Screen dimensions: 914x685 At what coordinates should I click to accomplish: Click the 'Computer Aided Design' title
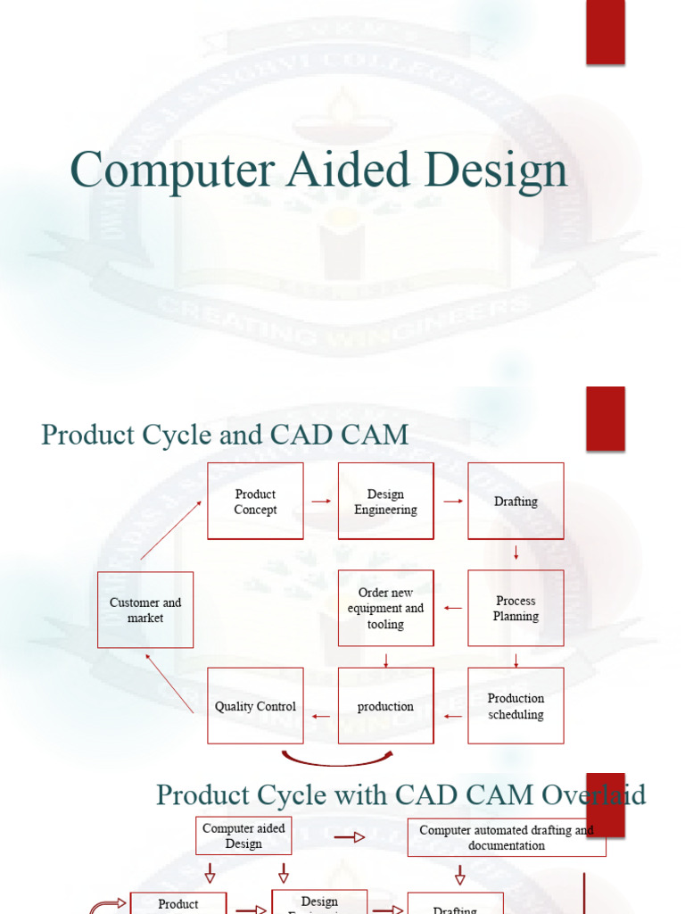pyautogui.click(x=318, y=170)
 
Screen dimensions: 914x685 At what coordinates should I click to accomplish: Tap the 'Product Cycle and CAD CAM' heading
pyautogui.click(x=225, y=435)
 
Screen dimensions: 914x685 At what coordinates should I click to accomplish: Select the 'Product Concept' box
pyautogui.click(x=255, y=501)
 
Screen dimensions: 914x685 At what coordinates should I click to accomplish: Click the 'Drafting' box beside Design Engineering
pyautogui.click(x=516, y=501)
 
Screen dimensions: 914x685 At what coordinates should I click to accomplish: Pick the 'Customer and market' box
pyautogui.click(x=145, y=610)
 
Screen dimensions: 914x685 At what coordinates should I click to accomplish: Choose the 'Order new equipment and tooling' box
pyautogui.click(x=385, y=608)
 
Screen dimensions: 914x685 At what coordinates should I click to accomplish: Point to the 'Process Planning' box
pyautogui.click(x=516, y=608)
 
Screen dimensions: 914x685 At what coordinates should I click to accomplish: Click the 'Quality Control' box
pyautogui.click(x=255, y=706)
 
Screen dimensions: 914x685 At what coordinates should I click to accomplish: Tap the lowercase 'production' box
pyautogui.click(x=385, y=706)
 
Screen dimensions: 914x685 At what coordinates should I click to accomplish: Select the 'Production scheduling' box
pyautogui.click(x=516, y=706)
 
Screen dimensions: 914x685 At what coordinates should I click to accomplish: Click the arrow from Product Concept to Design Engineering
pyautogui.click(x=321, y=502)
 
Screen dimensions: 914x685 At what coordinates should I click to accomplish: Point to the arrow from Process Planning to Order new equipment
pyautogui.click(x=452, y=609)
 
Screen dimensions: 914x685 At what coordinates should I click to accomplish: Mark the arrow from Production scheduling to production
pyautogui.click(x=452, y=716)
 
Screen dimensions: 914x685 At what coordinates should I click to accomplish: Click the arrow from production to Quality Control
pyautogui.click(x=321, y=716)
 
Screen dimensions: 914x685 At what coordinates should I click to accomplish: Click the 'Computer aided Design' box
pyautogui.click(x=243, y=835)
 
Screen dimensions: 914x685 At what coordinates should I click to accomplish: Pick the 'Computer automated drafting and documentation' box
pyautogui.click(x=507, y=837)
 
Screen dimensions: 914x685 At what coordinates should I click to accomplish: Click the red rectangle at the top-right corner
pyautogui.click(x=605, y=32)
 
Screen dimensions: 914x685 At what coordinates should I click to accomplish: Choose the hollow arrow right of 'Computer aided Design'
pyautogui.click(x=349, y=837)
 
